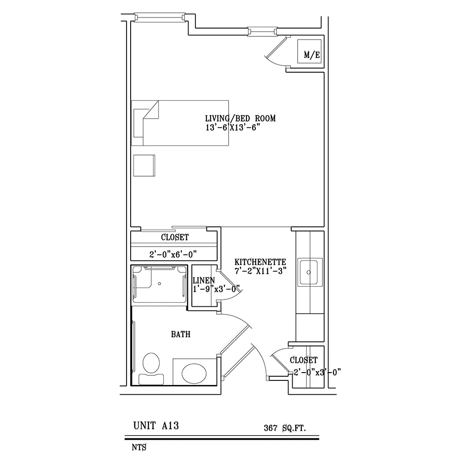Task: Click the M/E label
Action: point(311,55)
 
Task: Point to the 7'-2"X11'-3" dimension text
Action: point(260,271)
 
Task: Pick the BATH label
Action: point(180,335)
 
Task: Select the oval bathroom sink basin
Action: point(195,372)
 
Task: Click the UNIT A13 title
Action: point(155,426)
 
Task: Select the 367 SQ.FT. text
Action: point(285,428)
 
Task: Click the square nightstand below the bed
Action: point(144,165)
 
